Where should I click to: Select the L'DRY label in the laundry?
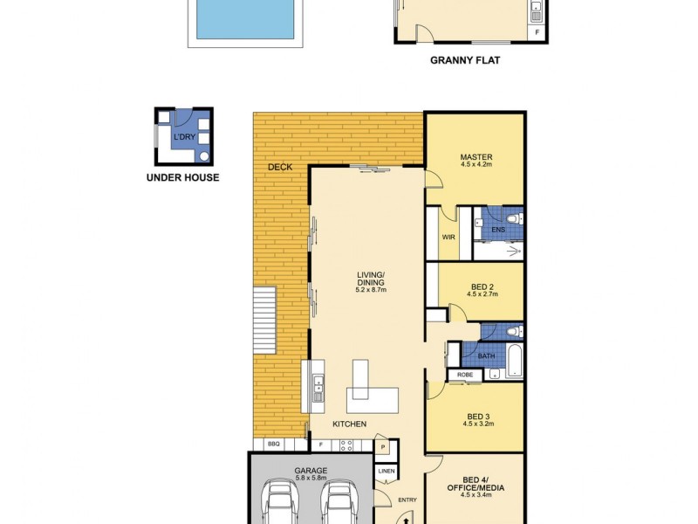pyautogui.click(x=184, y=138)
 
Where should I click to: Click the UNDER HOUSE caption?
pyautogui.click(x=183, y=178)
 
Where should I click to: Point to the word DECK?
pyautogui.click(x=279, y=167)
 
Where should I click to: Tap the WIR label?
pyautogui.click(x=448, y=236)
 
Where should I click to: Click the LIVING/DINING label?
pyautogui.click(x=371, y=279)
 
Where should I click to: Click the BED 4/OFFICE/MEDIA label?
pyautogui.click(x=475, y=483)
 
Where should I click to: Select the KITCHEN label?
pyautogui.click(x=349, y=424)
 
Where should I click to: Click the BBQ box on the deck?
pyautogui.click(x=273, y=444)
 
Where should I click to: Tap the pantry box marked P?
pyautogui.click(x=383, y=446)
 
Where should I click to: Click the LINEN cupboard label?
pyautogui.click(x=387, y=472)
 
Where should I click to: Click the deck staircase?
pyautogui.click(x=263, y=324)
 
